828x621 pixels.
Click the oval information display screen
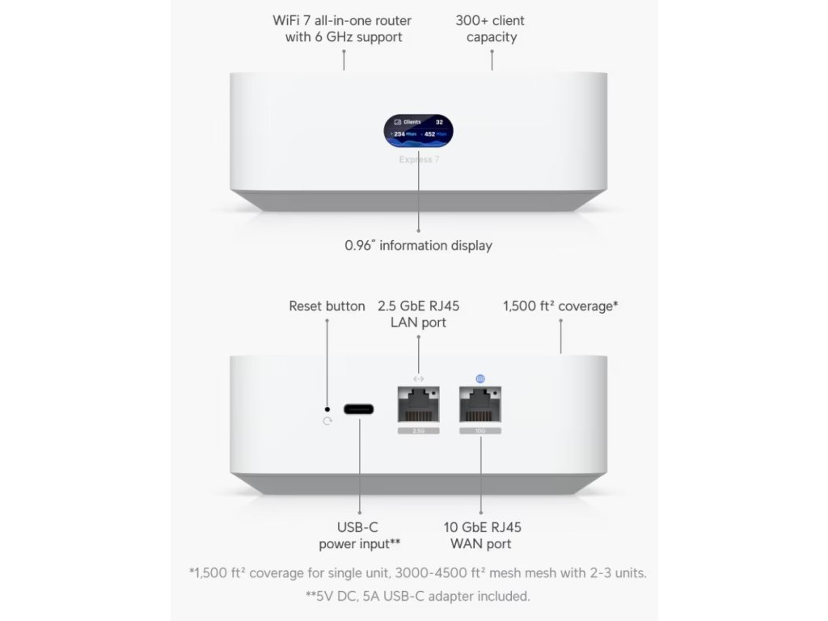418,132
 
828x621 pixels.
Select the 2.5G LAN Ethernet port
419,403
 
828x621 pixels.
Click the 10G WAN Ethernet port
480,403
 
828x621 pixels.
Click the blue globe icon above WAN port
480,378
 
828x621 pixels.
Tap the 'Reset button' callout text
327,306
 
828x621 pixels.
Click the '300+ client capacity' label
492,28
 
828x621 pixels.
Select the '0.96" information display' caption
418,245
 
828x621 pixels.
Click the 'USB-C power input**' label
359,535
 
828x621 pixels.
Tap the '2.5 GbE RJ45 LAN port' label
418,315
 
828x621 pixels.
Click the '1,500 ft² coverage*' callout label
560,306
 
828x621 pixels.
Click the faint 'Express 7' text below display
418,160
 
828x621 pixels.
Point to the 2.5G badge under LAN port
419,432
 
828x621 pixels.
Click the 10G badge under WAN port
480,432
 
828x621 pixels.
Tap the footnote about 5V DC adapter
417,597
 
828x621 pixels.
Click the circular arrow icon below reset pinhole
327,421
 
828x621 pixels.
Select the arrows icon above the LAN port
418,378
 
